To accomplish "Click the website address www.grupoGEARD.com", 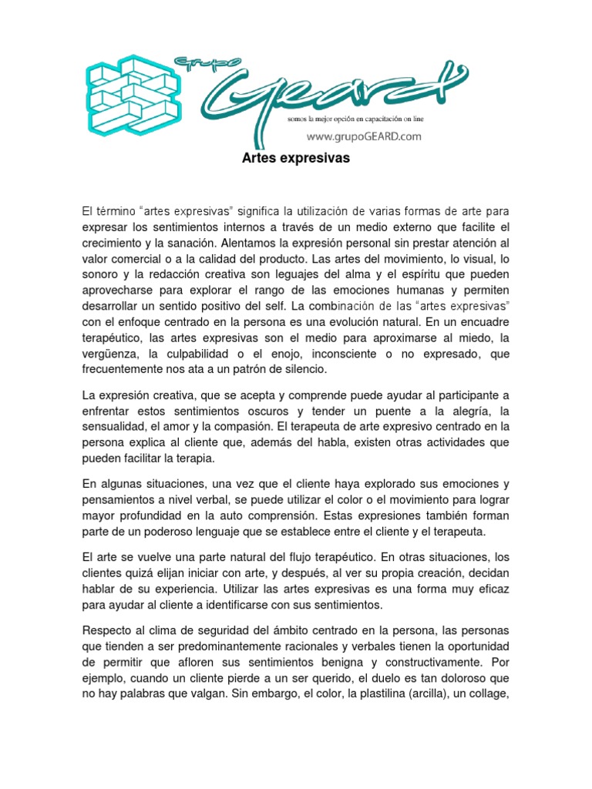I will tap(365, 136).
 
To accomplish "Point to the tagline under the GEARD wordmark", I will tap(365, 119).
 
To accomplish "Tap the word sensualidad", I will tap(116, 426).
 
